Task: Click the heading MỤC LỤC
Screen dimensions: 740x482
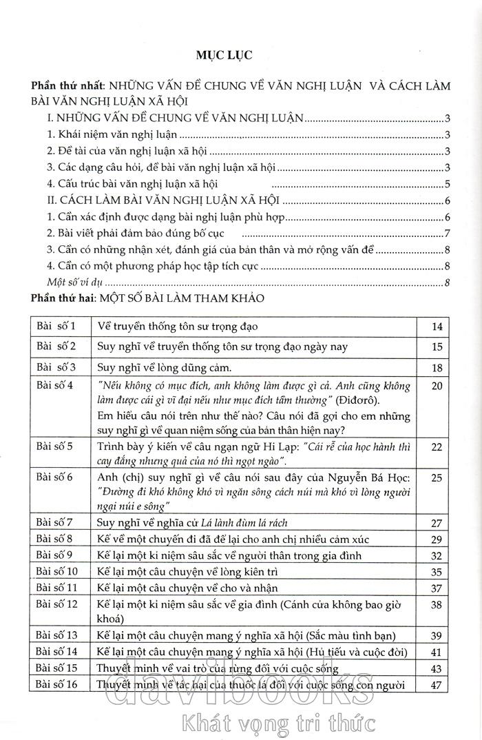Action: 240,54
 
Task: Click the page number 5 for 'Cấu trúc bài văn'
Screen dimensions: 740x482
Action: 448,184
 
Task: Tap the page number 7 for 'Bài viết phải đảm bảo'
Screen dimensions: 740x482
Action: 448,232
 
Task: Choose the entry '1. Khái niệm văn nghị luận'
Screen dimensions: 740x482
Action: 101,135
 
